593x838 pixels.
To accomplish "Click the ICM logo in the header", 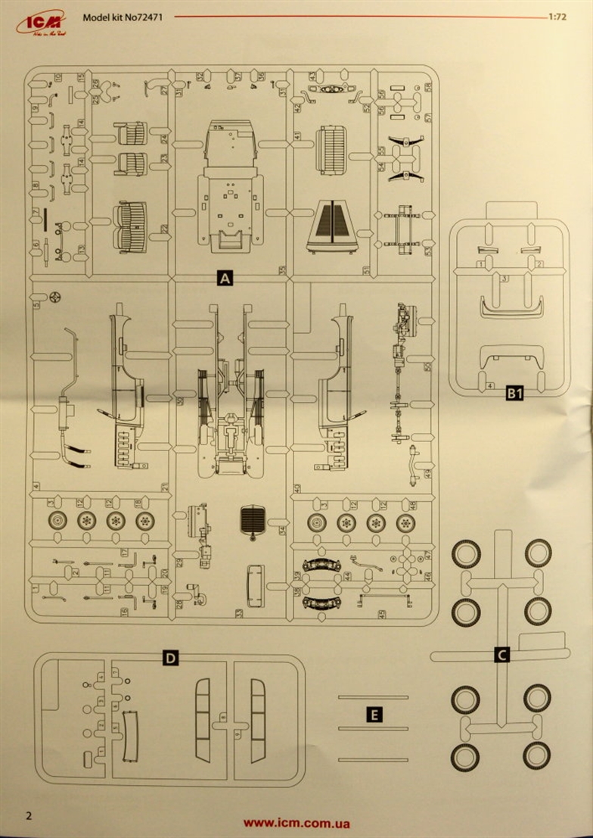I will (35, 23).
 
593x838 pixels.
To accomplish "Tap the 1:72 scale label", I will (558, 16).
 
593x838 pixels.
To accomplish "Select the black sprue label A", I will (224, 279).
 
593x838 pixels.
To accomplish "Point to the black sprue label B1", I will (514, 393).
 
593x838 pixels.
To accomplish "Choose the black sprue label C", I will (501, 656).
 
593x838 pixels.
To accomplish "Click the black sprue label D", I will (171, 658).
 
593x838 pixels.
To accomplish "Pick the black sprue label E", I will (374, 714).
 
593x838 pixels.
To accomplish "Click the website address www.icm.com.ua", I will (296, 823).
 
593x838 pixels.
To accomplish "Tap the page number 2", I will (29, 815).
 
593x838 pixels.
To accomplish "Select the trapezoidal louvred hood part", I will (333, 226).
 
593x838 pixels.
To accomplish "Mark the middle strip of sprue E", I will (374, 728).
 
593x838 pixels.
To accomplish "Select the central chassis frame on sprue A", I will (230, 394).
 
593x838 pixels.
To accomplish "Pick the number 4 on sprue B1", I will (491, 386).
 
